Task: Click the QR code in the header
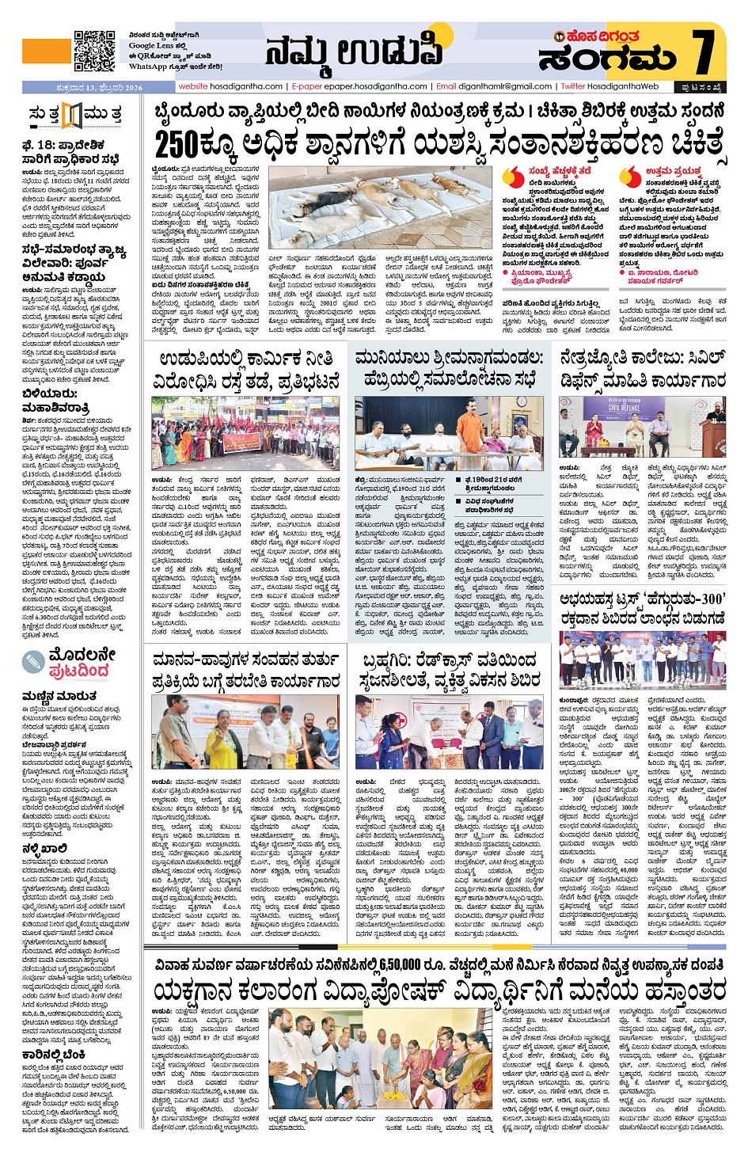click(94, 51)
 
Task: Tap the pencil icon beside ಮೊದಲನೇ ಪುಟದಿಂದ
click(34, 662)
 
